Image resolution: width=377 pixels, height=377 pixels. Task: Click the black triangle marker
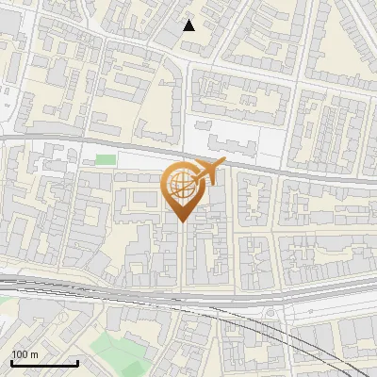189,25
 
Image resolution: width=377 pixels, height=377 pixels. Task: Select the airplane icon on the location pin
208,172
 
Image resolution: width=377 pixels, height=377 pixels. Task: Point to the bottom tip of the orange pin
183,221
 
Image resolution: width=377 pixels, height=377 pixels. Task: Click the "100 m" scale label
25,354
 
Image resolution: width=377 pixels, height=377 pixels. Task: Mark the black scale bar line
44,363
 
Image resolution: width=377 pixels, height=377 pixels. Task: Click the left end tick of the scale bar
11,360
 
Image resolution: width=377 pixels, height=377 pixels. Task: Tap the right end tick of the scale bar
77,360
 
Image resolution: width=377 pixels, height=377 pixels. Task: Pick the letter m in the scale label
35,354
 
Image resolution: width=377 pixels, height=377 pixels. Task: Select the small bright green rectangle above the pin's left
106,159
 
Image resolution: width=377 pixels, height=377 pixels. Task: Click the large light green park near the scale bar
118,353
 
